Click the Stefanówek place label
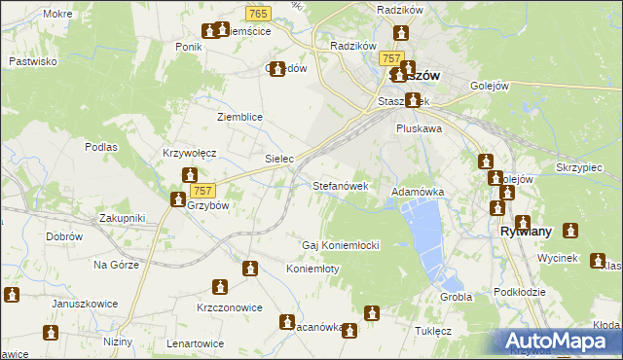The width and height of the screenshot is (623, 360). click(340, 185)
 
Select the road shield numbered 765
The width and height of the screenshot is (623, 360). click(258, 13)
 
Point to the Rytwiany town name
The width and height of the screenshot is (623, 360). click(526, 232)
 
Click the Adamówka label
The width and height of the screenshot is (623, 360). click(418, 193)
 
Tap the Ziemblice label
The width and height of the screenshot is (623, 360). click(239, 117)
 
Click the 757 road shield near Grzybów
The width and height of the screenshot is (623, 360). click(202, 191)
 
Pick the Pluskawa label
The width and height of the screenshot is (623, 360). click(419, 127)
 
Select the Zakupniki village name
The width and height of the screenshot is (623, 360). click(121, 218)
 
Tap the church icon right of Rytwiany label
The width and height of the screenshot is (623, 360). click(569, 232)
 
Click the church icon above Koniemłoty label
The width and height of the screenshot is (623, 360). click(251, 269)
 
